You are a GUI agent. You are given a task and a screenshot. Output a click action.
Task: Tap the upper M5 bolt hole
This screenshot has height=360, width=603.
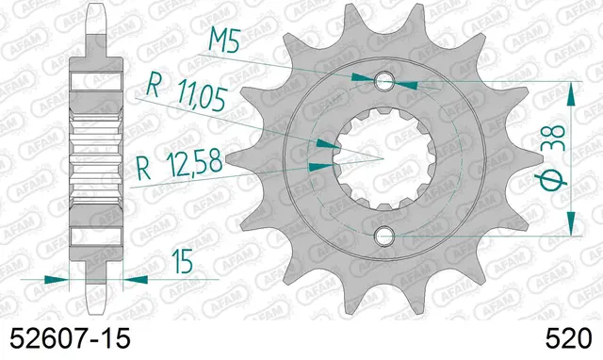(383, 80)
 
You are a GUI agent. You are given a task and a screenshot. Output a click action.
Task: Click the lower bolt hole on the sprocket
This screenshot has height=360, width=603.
(383, 235)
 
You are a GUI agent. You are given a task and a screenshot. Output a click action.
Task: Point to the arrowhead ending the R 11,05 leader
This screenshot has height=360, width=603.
(325, 143)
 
